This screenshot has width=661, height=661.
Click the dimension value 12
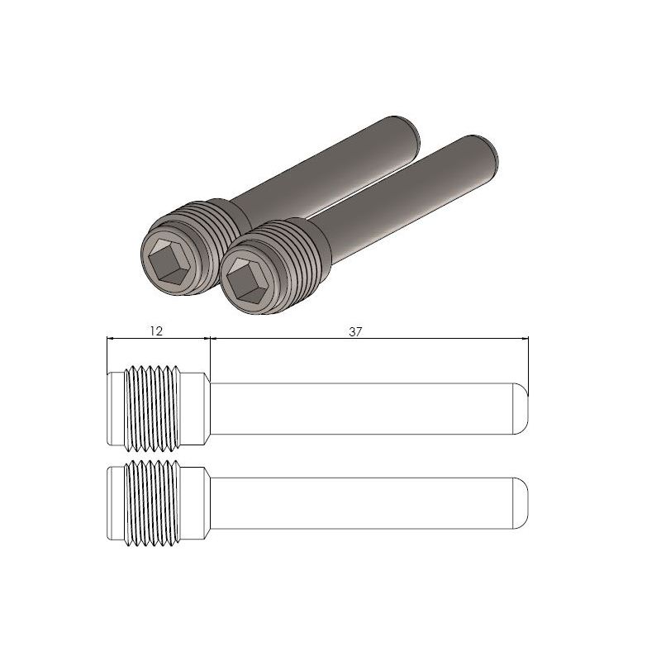[155, 330]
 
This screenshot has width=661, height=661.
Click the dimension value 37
[356, 330]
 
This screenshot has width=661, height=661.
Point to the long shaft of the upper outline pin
[364, 408]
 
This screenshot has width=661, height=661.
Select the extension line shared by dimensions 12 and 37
[210, 355]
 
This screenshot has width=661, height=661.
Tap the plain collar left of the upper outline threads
[116, 408]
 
